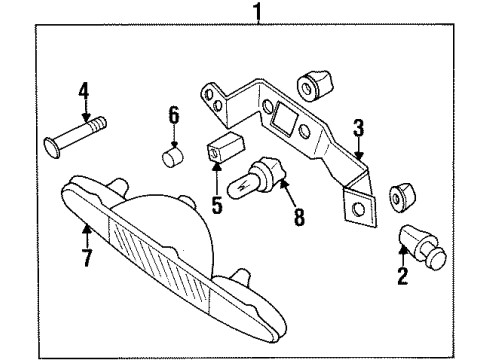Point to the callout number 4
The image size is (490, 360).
[84, 95]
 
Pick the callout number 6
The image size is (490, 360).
[173, 117]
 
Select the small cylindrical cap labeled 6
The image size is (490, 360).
[173, 159]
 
